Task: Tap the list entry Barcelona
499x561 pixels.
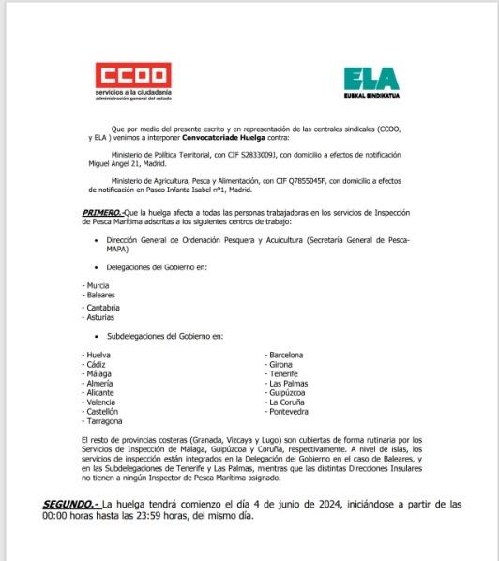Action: pyautogui.click(x=285, y=355)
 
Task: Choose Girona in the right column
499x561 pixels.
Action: pyautogui.click(x=281, y=364)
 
